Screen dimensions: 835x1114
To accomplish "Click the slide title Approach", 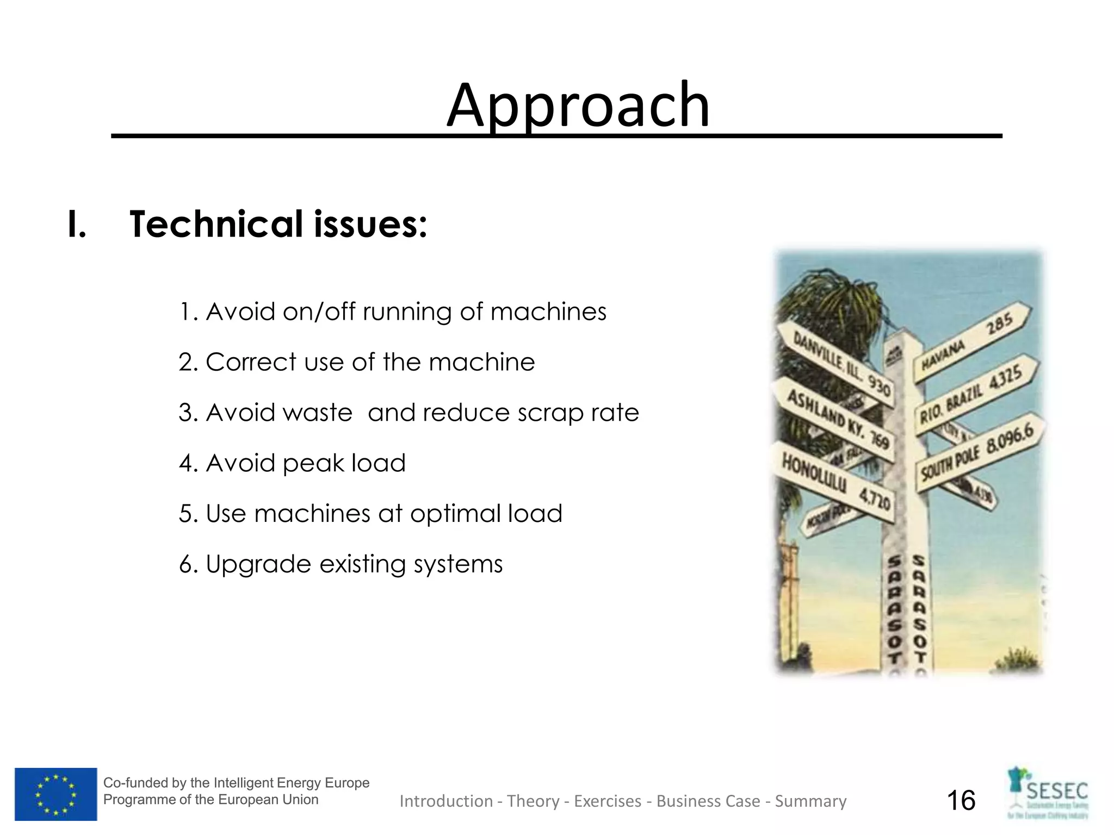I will point(578,105).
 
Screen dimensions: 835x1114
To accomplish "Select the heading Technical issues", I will point(278,224).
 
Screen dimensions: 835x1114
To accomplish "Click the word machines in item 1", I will point(548,312).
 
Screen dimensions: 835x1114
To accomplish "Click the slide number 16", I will point(961,801).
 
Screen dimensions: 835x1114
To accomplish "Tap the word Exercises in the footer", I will point(608,801).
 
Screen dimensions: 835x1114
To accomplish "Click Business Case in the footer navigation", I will point(708,801).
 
